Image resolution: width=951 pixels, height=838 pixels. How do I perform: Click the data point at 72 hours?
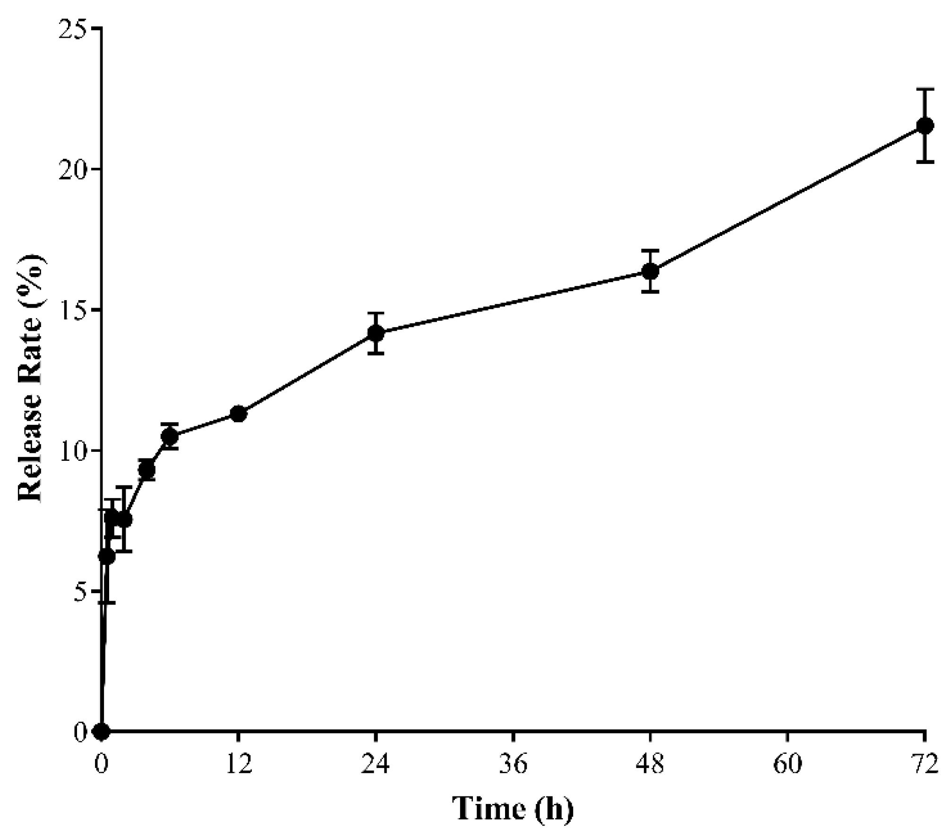(925, 125)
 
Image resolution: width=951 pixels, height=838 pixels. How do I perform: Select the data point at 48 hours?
(650, 271)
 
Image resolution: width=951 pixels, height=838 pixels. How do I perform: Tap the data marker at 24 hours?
(376, 333)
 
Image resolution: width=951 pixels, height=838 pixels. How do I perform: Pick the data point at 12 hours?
(239, 414)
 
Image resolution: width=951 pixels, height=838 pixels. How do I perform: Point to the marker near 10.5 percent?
(170, 436)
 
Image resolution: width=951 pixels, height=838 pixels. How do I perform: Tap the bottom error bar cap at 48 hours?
(650, 292)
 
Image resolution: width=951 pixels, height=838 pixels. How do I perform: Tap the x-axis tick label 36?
(513, 764)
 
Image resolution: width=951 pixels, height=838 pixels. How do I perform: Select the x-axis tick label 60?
(788, 764)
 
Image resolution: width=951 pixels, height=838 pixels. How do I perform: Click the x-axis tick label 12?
(239, 764)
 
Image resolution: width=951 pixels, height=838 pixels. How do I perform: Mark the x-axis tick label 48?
(650, 764)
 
